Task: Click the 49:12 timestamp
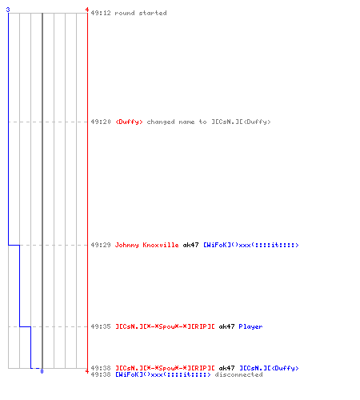coord(101,13)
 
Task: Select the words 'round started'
coord(141,13)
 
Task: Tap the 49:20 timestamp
coord(101,122)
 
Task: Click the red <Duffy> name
coord(129,122)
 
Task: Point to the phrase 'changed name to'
coord(177,122)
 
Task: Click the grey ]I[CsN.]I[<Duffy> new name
coord(241,122)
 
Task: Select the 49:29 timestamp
coord(101,245)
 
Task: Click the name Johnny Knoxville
coord(146,245)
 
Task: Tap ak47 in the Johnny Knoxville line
coord(190,245)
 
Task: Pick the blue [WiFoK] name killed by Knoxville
coord(251,245)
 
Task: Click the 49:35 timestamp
coord(101,326)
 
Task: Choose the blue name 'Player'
coord(250,326)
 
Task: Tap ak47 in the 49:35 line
coord(226,326)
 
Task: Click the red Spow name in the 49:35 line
coord(165,326)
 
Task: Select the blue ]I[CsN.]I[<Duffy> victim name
coord(269,368)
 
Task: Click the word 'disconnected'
coord(238,374)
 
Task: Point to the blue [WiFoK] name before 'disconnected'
coord(163,374)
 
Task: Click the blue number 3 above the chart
coord(8,10)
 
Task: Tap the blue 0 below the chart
coord(42,371)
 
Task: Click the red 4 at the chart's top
coord(87,10)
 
